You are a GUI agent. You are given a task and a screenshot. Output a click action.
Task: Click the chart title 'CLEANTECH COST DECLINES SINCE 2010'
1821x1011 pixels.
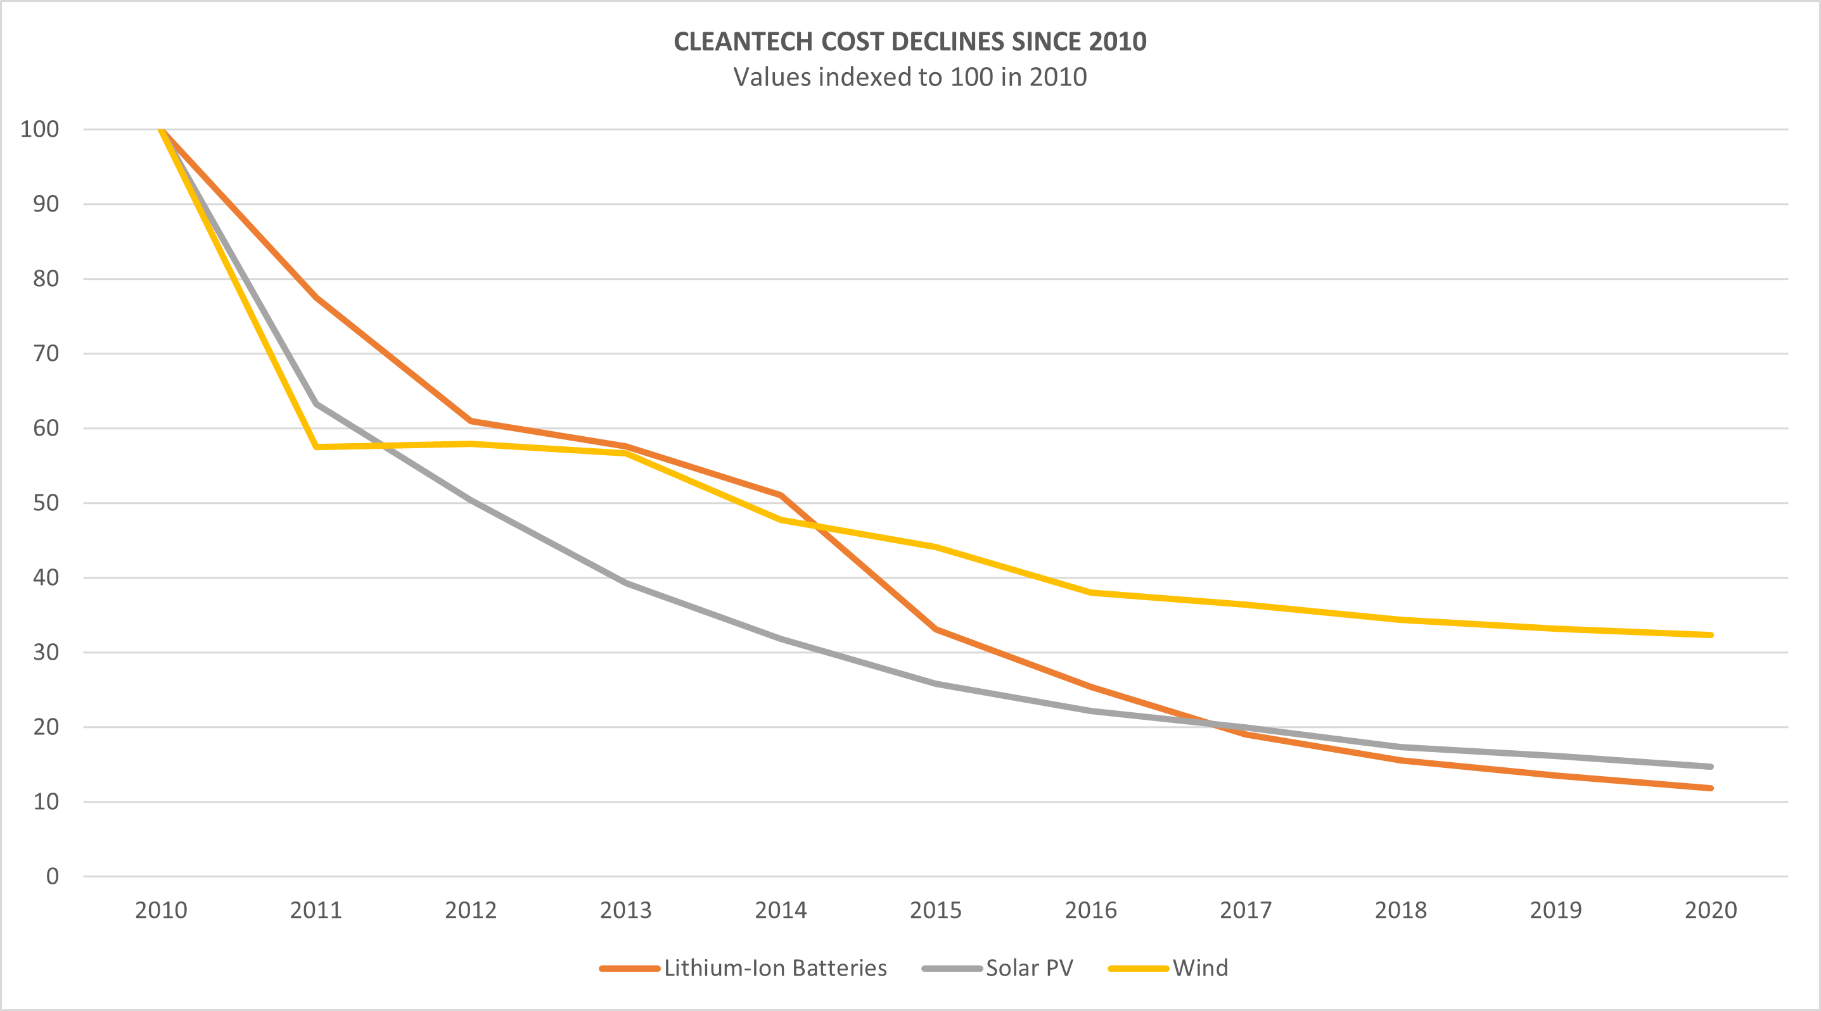point(910,42)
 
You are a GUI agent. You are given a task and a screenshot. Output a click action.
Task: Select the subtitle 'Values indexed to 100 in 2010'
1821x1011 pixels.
point(910,77)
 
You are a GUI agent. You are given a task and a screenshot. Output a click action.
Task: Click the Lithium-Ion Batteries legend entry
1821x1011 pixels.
point(775,968)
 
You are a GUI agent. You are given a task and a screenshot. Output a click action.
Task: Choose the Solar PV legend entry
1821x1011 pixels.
point(1028,968)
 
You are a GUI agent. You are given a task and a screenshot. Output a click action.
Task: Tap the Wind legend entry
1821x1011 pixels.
point(1199,968)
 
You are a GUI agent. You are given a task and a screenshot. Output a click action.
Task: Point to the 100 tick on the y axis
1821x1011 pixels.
point(39,129)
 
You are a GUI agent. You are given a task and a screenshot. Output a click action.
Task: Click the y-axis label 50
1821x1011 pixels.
point(46,503)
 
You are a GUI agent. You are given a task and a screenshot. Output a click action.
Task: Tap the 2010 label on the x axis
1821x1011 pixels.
point(161,910)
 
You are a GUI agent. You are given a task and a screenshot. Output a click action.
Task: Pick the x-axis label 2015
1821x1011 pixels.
point(936,910)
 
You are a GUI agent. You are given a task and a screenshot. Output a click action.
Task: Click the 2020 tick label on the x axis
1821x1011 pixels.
point(1711,910)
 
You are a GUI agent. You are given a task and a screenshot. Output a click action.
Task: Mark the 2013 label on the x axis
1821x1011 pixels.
point(625,910)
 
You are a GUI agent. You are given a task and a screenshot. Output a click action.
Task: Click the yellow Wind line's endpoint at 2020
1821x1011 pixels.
point(1710,635)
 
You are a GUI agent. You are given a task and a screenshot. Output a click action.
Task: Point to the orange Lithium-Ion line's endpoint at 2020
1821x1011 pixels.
point(1710,788)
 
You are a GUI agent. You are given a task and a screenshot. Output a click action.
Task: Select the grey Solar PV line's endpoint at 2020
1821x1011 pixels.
point(1710,767)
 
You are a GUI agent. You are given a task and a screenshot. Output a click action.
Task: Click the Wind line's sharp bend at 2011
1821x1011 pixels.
point(317,446)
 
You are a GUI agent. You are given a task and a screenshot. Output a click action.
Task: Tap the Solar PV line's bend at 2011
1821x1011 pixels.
point(317,404)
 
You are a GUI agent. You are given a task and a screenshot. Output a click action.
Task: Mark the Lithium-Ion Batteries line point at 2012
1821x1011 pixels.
point(471,421)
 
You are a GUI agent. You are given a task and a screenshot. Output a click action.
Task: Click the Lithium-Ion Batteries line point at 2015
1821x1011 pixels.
point(936,629)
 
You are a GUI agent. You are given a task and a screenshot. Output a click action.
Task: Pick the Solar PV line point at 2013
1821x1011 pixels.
point(625,583)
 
